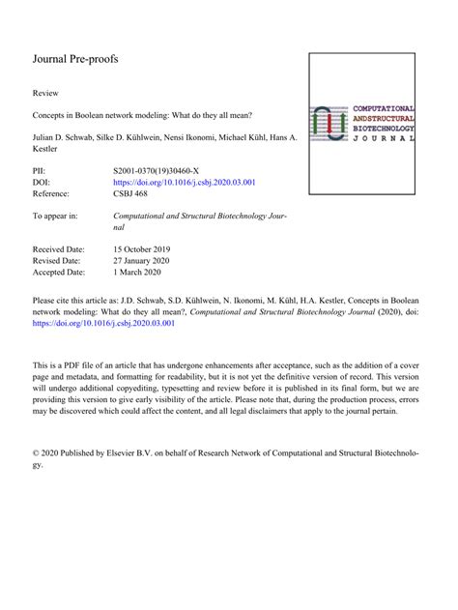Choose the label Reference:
point(56,193)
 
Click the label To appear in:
point(61,216)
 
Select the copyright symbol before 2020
point(37,452)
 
